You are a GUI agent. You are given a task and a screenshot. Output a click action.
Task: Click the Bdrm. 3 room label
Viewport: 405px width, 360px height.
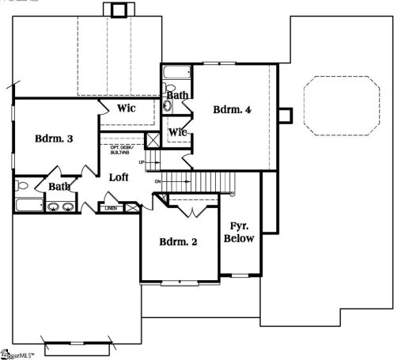[54, 138]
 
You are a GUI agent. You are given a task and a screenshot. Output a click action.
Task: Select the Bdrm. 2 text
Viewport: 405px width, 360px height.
[178, 241]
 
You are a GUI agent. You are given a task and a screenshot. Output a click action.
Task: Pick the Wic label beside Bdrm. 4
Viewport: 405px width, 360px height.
[177, 132]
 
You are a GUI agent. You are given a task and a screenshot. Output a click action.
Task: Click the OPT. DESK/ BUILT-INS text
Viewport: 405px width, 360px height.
[123, 150]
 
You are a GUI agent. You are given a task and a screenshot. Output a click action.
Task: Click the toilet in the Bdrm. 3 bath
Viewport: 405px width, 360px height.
[21, 188]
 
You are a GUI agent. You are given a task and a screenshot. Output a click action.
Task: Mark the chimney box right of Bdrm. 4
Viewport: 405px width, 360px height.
[286, 116]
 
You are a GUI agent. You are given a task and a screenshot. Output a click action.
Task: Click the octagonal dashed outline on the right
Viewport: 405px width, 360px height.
[341, 104]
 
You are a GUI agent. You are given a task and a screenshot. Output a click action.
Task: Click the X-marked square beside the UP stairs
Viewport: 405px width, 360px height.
[153, 141]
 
